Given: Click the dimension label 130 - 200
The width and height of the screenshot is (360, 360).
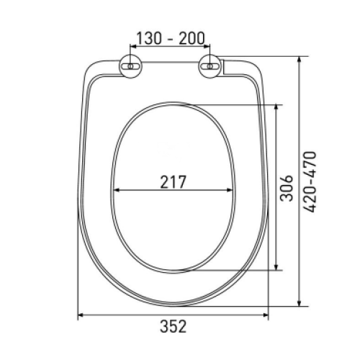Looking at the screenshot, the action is (x=171, y=38).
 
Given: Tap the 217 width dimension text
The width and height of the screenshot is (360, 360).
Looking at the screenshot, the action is (x=173, y=182).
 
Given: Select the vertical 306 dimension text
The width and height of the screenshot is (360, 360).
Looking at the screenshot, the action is (x=287, y=188).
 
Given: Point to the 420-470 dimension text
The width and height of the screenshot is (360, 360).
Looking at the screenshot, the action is (x=310, y=181).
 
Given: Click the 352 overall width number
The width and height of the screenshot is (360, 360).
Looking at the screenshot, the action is (x=173, y=326).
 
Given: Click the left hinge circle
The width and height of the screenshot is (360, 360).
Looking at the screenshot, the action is (x=130, y=66).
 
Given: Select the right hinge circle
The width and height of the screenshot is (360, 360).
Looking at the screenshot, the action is (x=210, y=66).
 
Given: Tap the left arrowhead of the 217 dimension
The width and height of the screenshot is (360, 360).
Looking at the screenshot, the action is (x=117, y=190).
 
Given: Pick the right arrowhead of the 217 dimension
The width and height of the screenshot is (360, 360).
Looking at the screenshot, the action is (x=230, y=190).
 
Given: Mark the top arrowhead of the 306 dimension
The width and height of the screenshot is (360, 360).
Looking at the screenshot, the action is (x=276, y=107).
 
